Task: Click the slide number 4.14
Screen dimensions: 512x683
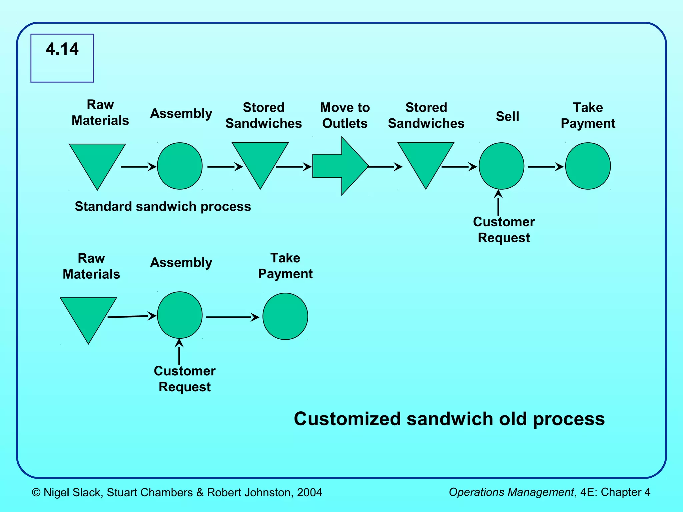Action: pos(62,49)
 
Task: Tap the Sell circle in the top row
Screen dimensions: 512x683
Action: pos(501,166)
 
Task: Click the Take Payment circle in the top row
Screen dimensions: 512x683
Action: pos(588,166)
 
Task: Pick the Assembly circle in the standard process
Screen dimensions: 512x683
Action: pos(180,166)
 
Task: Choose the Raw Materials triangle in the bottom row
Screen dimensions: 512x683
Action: pos(88,315)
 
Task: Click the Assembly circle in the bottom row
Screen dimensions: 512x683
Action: pos(180,315)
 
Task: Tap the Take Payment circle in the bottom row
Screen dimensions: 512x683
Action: pos(285,316)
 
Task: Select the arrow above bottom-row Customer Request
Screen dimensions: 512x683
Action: pos(179,352)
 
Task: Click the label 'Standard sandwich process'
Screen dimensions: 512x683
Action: pos(163,206)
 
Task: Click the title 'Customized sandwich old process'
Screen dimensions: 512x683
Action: pos(449,419)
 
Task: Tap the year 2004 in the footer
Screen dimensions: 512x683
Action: pos(309,492)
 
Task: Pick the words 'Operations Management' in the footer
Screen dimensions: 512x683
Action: pos(511,492)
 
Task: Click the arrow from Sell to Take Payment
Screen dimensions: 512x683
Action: pos(546,166)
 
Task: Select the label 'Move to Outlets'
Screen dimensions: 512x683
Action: pos(345,115)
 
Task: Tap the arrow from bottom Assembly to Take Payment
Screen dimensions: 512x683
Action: pos(232,317)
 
